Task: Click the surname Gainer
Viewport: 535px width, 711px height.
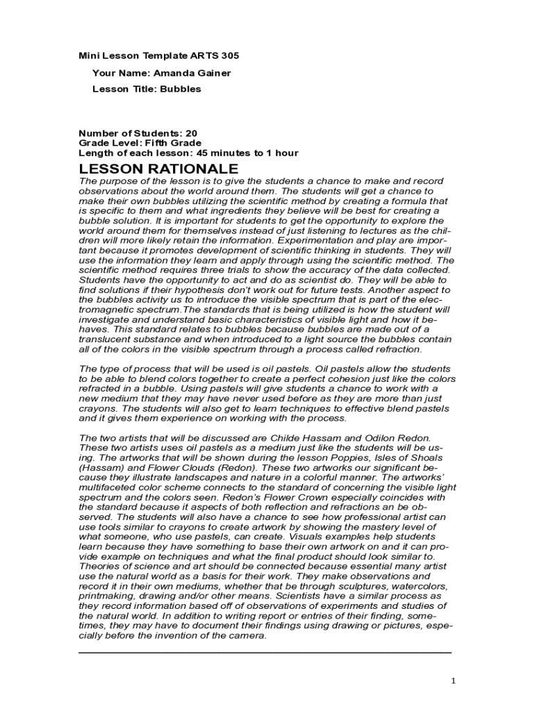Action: (x=214, y=73)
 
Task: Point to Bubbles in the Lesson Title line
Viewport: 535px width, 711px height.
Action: (x=181, y=89)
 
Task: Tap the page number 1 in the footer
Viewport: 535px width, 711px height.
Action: (x=454, y=681)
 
